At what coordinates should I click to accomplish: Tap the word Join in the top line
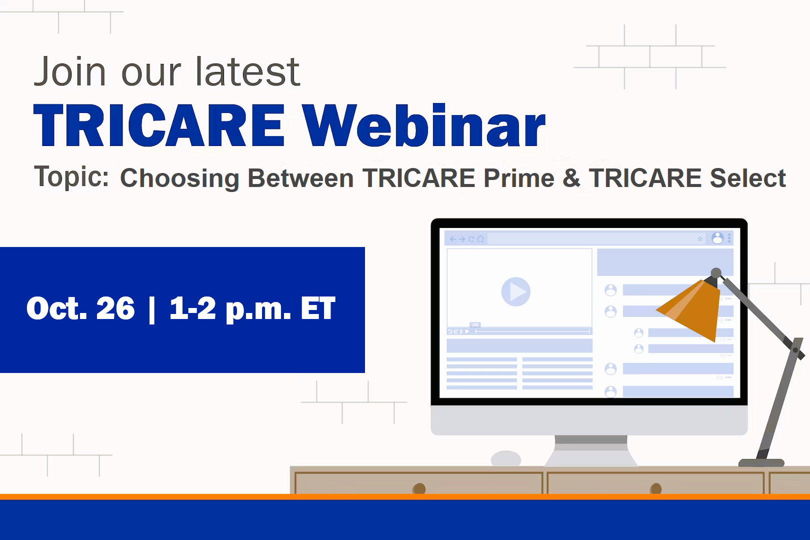(x=70, y=71)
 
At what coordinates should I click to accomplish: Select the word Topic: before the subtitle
(x=71, y=177)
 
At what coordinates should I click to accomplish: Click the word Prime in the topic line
(x=519, y=177)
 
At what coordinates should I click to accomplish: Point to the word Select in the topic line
(x=748, y=177)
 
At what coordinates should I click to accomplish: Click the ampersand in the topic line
(x=571, y=177)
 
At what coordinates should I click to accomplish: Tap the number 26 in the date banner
(x=115, y=308)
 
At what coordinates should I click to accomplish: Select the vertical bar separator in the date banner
(x=152, y=309)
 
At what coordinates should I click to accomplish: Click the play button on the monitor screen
(x=515, y=291)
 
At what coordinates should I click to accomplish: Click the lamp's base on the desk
(x=761, y=462)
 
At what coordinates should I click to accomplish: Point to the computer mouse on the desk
(x=506, y=458)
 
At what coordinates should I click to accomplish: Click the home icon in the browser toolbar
(x=480, y=238)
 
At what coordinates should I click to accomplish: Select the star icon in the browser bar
(x=700, y=238)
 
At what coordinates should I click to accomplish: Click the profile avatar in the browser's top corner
(x=717, y=238)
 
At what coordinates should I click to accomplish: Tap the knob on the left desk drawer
(x=419, y=488)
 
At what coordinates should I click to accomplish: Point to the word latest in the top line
(x=248, y=71)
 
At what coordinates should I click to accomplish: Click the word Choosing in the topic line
(x=179, y=178)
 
